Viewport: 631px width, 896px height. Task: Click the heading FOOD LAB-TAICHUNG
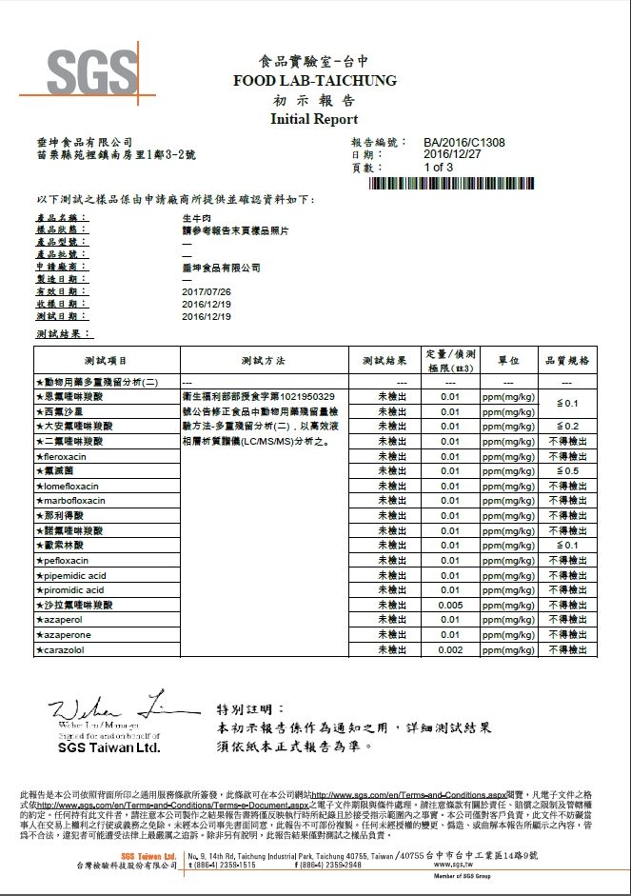315,82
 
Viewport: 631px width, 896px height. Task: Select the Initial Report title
315,119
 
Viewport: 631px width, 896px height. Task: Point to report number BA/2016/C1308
464,142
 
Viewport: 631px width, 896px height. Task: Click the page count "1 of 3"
439,168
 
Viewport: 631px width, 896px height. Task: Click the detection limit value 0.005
450,606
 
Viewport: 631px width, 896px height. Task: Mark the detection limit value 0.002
450,649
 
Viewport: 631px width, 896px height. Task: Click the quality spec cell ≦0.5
567,471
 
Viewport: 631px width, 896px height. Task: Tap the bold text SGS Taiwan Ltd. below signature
108,747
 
